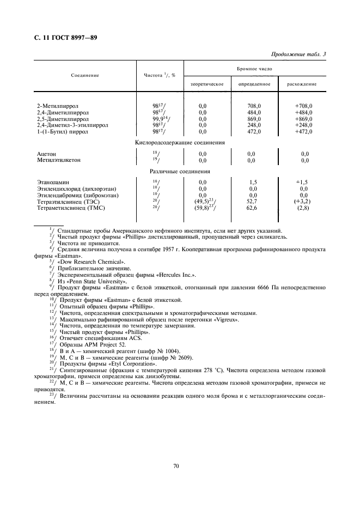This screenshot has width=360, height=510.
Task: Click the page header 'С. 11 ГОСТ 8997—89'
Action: pyautogui.click(x=62, y=37)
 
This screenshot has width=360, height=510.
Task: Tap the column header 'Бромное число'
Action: pyautogui.click(x=254, y=70)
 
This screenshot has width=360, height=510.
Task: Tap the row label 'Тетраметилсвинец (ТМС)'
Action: pyautogui.click(x=70, y=208)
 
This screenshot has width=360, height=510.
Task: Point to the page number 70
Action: pyautogui.click(x=176, y=466)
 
